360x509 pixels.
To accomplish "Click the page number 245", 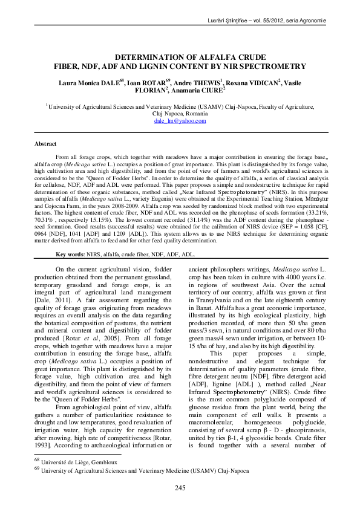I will pyautogui.click(x=180, y=488).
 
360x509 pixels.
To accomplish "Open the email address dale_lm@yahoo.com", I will pyautogui.click(x=180, y=121).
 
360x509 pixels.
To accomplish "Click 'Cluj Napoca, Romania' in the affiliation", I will pyautogui.click(x=180, y=114).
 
